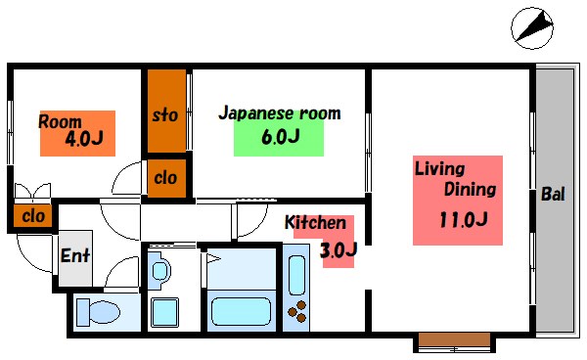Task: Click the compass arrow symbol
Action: click(532, 26)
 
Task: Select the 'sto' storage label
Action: click(165, 114)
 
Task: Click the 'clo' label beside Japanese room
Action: click(165, 177)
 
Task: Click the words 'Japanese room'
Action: click(279, 113)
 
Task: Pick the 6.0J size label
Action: click(279, 137)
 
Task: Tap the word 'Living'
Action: click(439, 168)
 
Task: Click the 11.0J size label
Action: click(462, 219)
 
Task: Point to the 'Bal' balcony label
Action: click(553, 195)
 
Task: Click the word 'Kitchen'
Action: click(314, 223)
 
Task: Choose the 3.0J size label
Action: click(338, 250)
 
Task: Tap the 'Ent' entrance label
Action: click(75, 255)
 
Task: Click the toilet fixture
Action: click(98, 312)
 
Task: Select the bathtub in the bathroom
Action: click(245, 311)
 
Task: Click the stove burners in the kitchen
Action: click(295, 312)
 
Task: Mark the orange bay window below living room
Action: click(453, 341)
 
